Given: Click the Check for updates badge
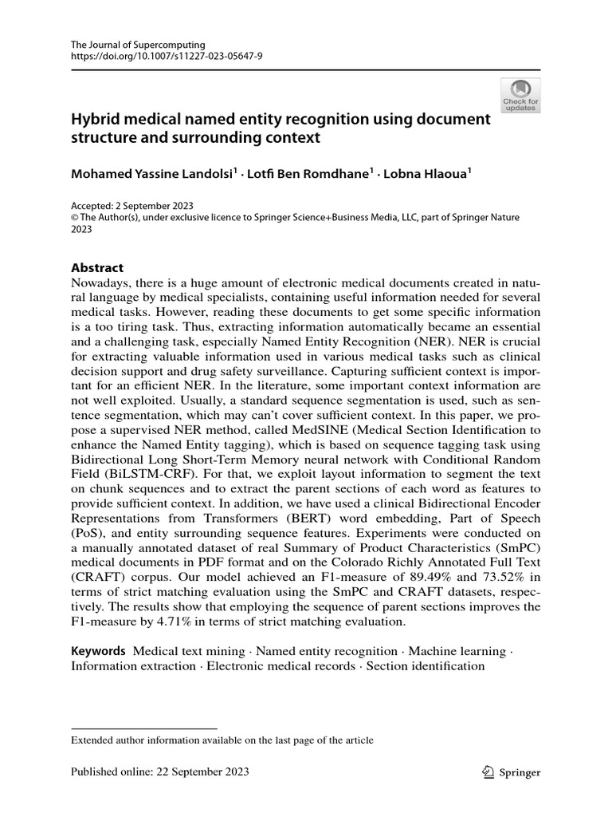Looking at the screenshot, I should (x=520, y=94).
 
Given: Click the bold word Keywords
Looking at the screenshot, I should (x=99, y=651).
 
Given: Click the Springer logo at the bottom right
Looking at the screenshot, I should (x=512, y=772).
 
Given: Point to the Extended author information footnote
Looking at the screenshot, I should (x=222, y=740).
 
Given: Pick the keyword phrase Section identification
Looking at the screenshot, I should (x=425, y=665).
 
